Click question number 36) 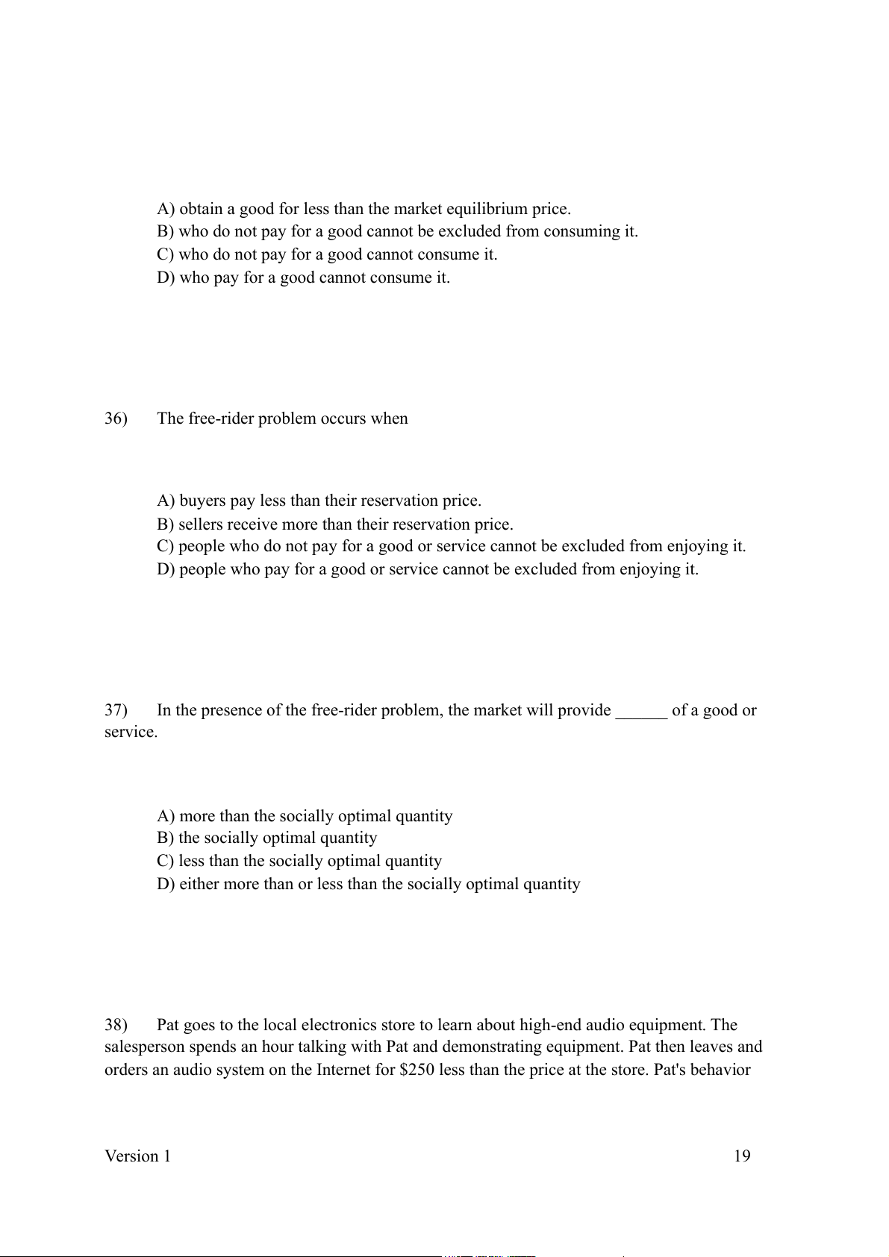tap(116, 419)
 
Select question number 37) tap(116, 710)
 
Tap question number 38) tap(116, 1025)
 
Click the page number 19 tap(742, 1156)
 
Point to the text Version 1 tap(137, 1156)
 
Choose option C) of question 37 tap(299, 861)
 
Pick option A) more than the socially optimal tap(305, 816)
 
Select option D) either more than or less tap(368, 884)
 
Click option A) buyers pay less tap(319, 501)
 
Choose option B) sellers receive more tap(334, 524)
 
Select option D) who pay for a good tap(303, 278)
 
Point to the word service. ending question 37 tap(131, 733)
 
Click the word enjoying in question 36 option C tap(698, 546)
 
